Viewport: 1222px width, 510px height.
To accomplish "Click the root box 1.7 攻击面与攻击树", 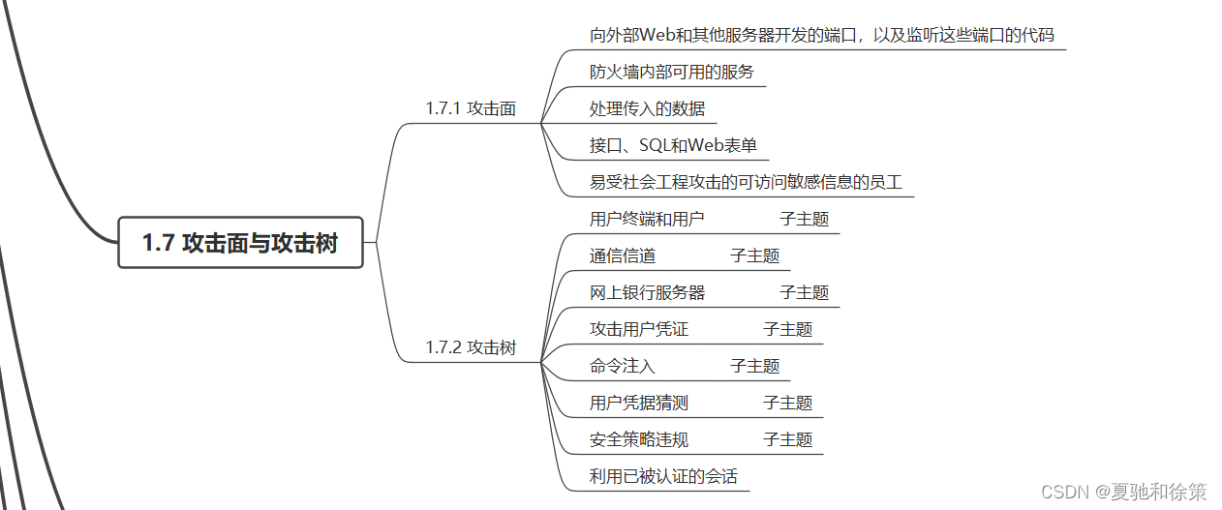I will tap(240, 242).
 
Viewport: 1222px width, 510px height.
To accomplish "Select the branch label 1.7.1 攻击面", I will tap(471, 108).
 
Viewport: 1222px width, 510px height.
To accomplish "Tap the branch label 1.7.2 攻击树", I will tap(471, 347).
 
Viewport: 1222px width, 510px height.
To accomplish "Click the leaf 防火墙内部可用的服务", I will tap(671, 72).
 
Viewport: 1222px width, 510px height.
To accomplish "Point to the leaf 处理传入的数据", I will tap(647, 108).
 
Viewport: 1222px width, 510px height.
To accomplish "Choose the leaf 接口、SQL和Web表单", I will tap(673, 145).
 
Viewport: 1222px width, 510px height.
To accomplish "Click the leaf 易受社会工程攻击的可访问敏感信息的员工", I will tap(746, 182).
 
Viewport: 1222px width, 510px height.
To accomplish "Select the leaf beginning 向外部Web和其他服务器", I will tap(821, 36).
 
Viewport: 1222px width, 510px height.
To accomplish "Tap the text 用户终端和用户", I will tap(647, 219).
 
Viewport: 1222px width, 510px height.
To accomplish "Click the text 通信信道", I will tap(623, 255).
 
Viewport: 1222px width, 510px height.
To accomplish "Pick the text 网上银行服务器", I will tap(647, 292).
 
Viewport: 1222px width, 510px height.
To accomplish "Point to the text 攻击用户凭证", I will tap(639, 329).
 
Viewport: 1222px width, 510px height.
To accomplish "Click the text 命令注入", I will tap(623, 366).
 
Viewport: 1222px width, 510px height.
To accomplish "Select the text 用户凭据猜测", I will tap(639, 403).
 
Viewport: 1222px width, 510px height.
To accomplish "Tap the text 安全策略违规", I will tap(639, 439).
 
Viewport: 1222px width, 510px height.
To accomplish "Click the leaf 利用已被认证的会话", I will tap(663, 476).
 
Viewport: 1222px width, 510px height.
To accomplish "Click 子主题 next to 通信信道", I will tap(755, 255).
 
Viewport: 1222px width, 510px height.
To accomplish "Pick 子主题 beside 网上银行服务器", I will tap(805, 292).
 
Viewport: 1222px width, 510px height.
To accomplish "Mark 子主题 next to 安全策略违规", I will tap(788, 439).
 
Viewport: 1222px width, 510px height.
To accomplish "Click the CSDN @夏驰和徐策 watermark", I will tap(1124, 492).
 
